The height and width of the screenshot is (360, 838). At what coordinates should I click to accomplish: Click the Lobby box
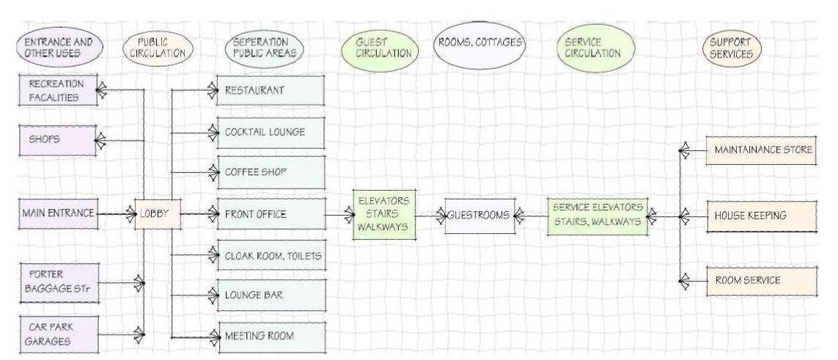coord(156,214)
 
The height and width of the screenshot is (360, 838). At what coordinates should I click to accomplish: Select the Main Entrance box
coord(59,214)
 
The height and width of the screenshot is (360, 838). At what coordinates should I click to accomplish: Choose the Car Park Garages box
coord(59,334)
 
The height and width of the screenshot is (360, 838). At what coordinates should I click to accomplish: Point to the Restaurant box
coord(271,91)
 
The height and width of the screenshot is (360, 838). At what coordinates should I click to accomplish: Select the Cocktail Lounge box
coord(271,132)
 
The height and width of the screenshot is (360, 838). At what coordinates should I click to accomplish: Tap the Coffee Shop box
coord(271,173)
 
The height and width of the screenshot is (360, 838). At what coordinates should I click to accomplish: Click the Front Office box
coord(271,215)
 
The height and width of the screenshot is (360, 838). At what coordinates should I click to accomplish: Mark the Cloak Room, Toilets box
coord(271,256)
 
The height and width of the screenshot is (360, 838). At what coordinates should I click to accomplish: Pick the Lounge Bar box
coord(271,295)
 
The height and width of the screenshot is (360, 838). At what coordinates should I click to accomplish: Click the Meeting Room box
coord(271,336)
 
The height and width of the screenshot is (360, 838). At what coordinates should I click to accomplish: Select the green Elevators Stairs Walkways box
coord(383,214)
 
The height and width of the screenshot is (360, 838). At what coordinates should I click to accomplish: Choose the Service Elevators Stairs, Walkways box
coord(598,215)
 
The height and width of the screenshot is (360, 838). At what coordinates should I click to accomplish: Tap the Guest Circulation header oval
coord(377,48)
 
